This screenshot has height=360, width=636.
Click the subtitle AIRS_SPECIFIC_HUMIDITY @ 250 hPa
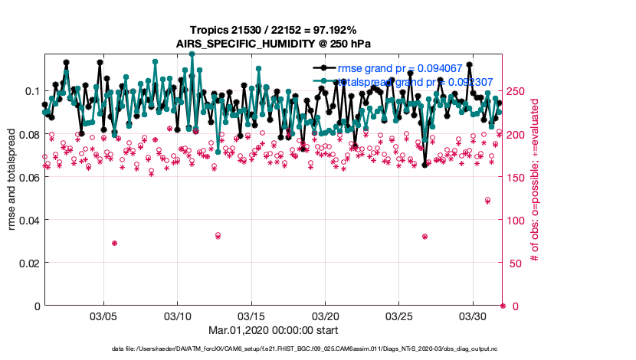274,44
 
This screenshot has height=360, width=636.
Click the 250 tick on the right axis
518,91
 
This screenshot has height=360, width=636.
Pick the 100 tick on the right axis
518,220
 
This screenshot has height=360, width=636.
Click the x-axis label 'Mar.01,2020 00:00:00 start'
274,331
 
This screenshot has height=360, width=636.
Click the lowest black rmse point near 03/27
425,165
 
